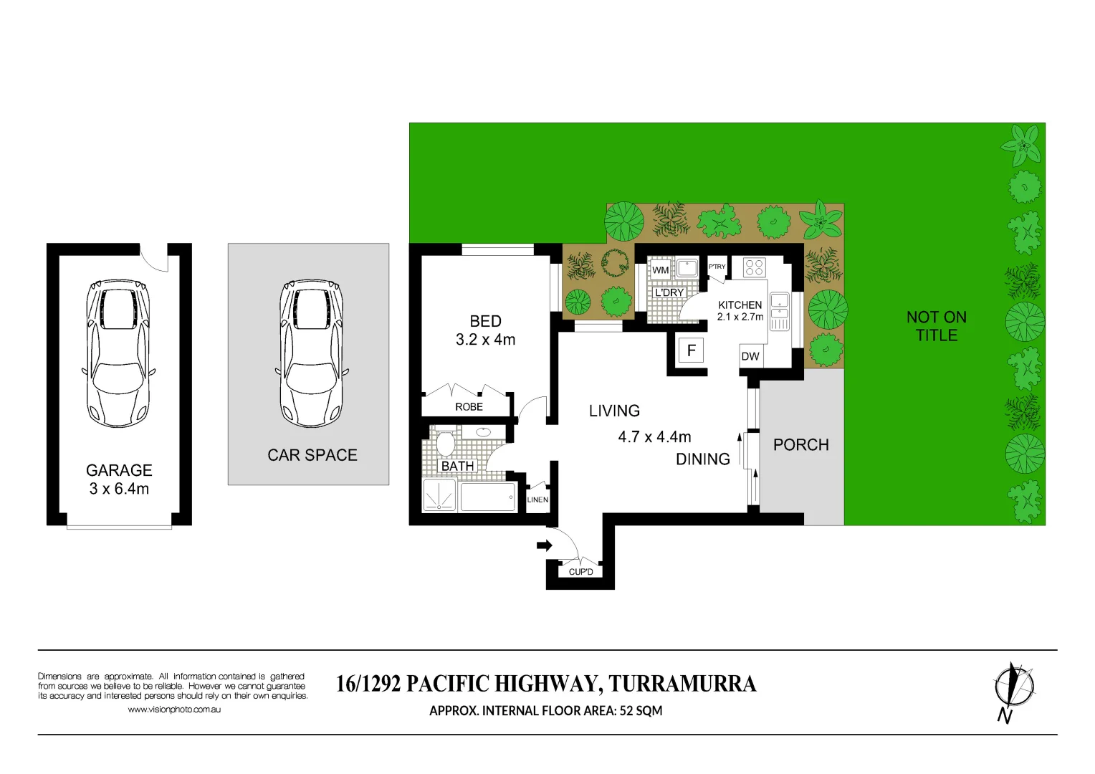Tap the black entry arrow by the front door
[x=545, y=545]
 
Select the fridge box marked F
[x=691, y=350]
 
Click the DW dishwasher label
[x=750, y=356]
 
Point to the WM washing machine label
[x=660, y=270]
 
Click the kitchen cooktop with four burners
[x=754, y=267]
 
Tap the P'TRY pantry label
[x=717, y=267]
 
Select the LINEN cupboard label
[x=537, y=500]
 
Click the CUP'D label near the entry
[x=580, y=572]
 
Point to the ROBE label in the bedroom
[x=469, y=406]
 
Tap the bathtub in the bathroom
[x=487, y=497]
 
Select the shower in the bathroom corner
[x=439, y=495]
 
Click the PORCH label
[x=800, y=445]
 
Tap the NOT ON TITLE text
[x=936, y=326]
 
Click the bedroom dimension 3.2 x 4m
[x=485, y=340]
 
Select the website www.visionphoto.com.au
[x=174, y=709]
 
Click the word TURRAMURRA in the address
[x=682, y=684]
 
